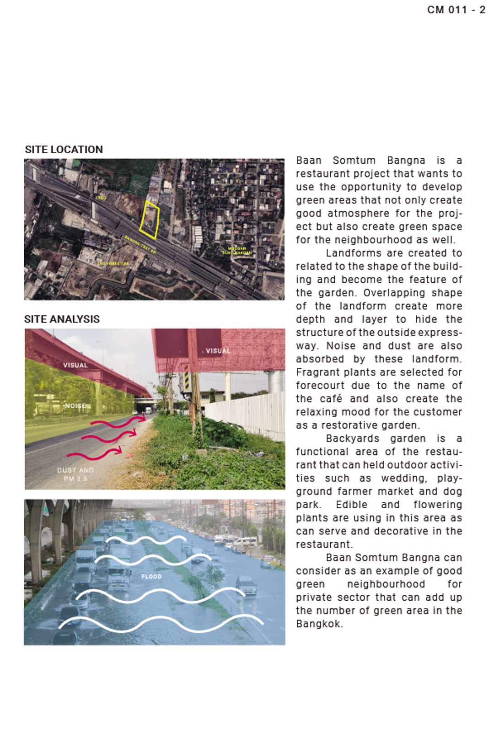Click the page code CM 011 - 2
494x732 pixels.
coord(456,10)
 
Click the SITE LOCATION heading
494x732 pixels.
coord(64,150)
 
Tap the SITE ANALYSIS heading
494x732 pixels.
coord(62,319)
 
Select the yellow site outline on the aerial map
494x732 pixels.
coord(150,220)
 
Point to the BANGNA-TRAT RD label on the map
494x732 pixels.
coord(140,245)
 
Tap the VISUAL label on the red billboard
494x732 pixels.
coord(218,351)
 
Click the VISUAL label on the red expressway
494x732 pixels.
coord(75,365)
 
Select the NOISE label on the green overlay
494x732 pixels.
coord(75,406)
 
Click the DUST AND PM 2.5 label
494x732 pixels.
coord(75,474)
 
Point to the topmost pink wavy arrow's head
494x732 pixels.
coord(143,417)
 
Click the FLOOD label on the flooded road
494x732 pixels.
coord(151,576)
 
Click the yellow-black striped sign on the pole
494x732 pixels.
coord(187,381)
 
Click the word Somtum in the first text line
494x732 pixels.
coord(354,161)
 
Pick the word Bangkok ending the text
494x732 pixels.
coord(318,624)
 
